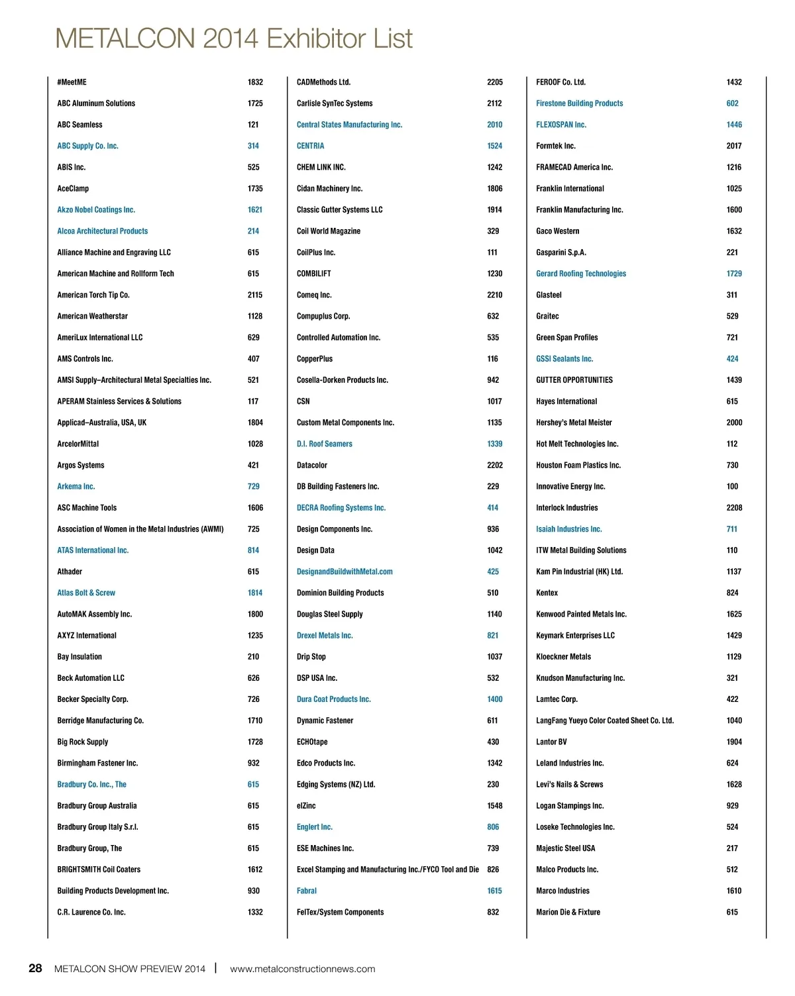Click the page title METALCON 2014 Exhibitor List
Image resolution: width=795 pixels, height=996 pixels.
(233, 38)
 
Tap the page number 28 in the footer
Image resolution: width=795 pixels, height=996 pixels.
(35, 968)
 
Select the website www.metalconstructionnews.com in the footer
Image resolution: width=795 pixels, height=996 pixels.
(302, 969)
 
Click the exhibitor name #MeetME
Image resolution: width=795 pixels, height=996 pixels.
(72, 82)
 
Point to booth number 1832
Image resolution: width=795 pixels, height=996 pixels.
(255, 82)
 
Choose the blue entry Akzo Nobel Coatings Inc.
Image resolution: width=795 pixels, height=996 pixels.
(96, 210)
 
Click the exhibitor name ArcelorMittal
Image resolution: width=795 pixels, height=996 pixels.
(78, 444)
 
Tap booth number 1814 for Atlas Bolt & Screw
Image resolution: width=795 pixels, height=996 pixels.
(255, 593)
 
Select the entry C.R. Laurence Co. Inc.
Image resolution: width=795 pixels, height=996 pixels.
(91, 912)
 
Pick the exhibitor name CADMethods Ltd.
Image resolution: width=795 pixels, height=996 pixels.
(323, 82)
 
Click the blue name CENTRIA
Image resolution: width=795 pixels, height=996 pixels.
(310, 146)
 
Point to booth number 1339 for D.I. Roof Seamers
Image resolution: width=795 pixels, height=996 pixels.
(494, 444)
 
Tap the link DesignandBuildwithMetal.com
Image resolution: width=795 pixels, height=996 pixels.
(344, 572)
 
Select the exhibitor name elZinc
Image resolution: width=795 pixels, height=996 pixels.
(306, 806)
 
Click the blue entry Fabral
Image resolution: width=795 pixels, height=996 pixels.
(306, 891)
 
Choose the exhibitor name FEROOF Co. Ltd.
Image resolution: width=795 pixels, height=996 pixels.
(560, 82)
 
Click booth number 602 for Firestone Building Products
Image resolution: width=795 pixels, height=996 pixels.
(732, 103)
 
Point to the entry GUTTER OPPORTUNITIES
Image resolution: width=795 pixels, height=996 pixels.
(574, 380)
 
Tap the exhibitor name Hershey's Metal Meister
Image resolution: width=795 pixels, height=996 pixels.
(574, 423)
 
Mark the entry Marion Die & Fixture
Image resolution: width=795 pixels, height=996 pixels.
(568, 912)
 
